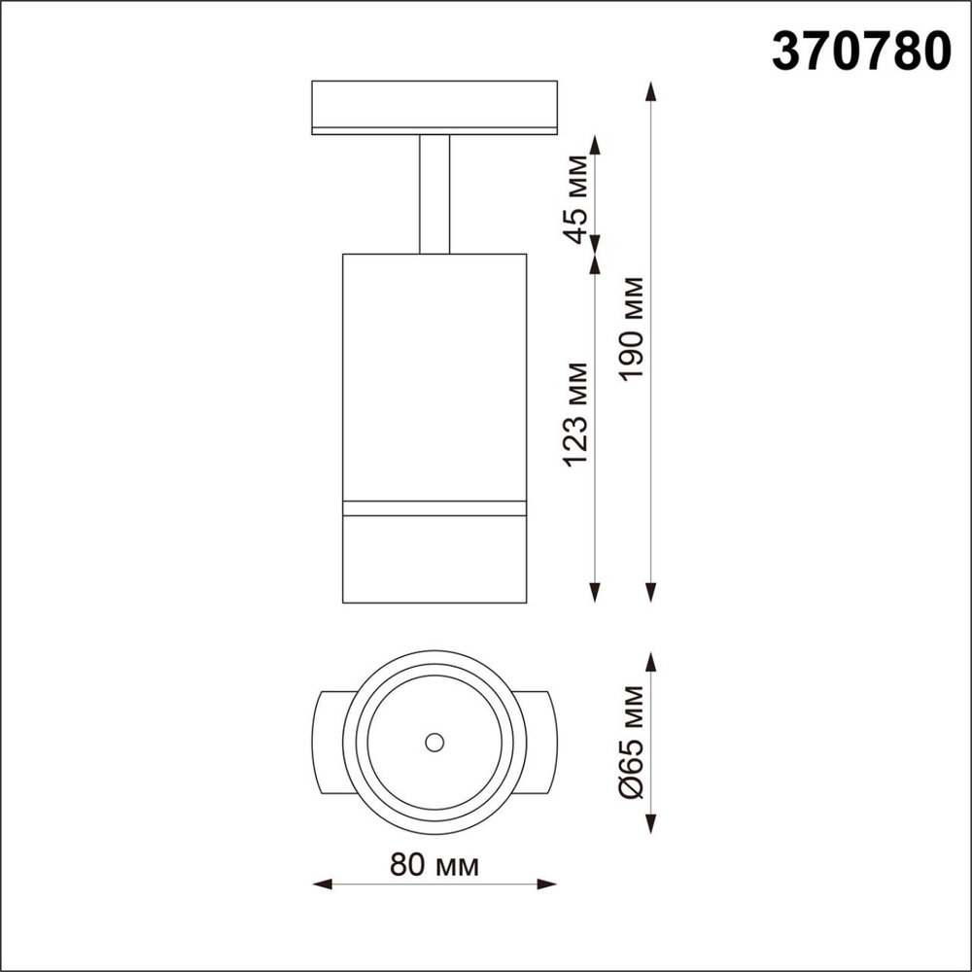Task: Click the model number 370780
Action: [860, 51]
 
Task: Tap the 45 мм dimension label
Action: [577, 197]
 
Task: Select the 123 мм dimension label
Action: [577, 413]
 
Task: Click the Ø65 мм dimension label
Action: [633, 743]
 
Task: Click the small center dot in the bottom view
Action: [434, 742]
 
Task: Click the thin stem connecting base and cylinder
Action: [434, 194]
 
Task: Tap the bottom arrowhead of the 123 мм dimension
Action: [596, 595]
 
